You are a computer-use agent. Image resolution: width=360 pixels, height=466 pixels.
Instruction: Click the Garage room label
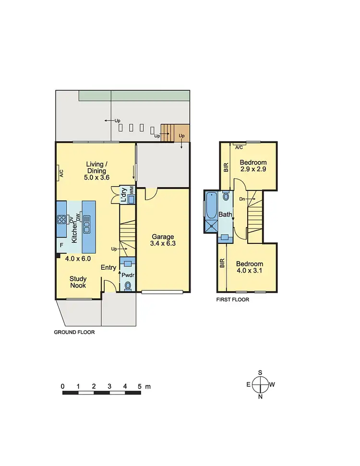coord(163,237)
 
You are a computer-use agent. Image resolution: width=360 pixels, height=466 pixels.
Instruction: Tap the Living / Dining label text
coord(96,167)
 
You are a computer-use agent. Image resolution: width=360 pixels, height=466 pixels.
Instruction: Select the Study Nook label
coord(78,282)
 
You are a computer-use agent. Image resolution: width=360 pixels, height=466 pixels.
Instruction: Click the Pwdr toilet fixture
coord(128,286)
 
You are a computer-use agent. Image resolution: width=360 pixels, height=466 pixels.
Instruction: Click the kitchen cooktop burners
coord(62,220)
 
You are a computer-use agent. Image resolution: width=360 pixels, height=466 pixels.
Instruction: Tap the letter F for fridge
coord(61,245)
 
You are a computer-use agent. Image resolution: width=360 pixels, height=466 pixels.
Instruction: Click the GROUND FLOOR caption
coord(74,332)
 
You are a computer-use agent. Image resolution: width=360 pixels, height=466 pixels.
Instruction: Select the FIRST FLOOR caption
coord(232,299)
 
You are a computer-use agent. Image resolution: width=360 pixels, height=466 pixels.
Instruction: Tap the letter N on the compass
coord(260,396)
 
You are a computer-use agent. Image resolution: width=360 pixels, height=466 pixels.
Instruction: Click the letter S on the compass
coord(260,372)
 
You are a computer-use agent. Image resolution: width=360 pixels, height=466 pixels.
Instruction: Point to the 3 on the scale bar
coord(109,386)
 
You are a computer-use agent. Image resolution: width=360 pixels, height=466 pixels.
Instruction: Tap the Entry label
coord(108,267)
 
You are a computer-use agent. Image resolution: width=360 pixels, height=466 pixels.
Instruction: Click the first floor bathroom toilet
coord(226,196)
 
